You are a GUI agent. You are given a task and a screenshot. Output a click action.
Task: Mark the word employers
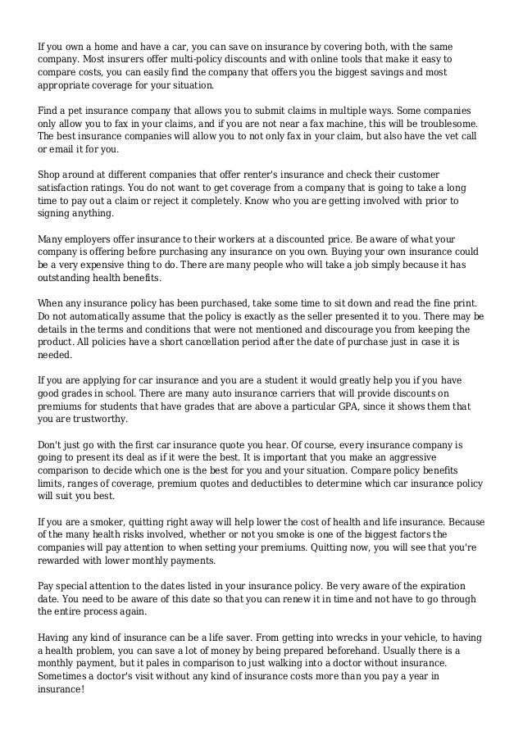93,239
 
